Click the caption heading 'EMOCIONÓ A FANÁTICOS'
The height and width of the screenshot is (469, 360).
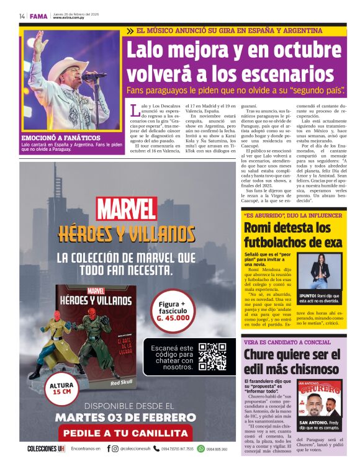point(61,138)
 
